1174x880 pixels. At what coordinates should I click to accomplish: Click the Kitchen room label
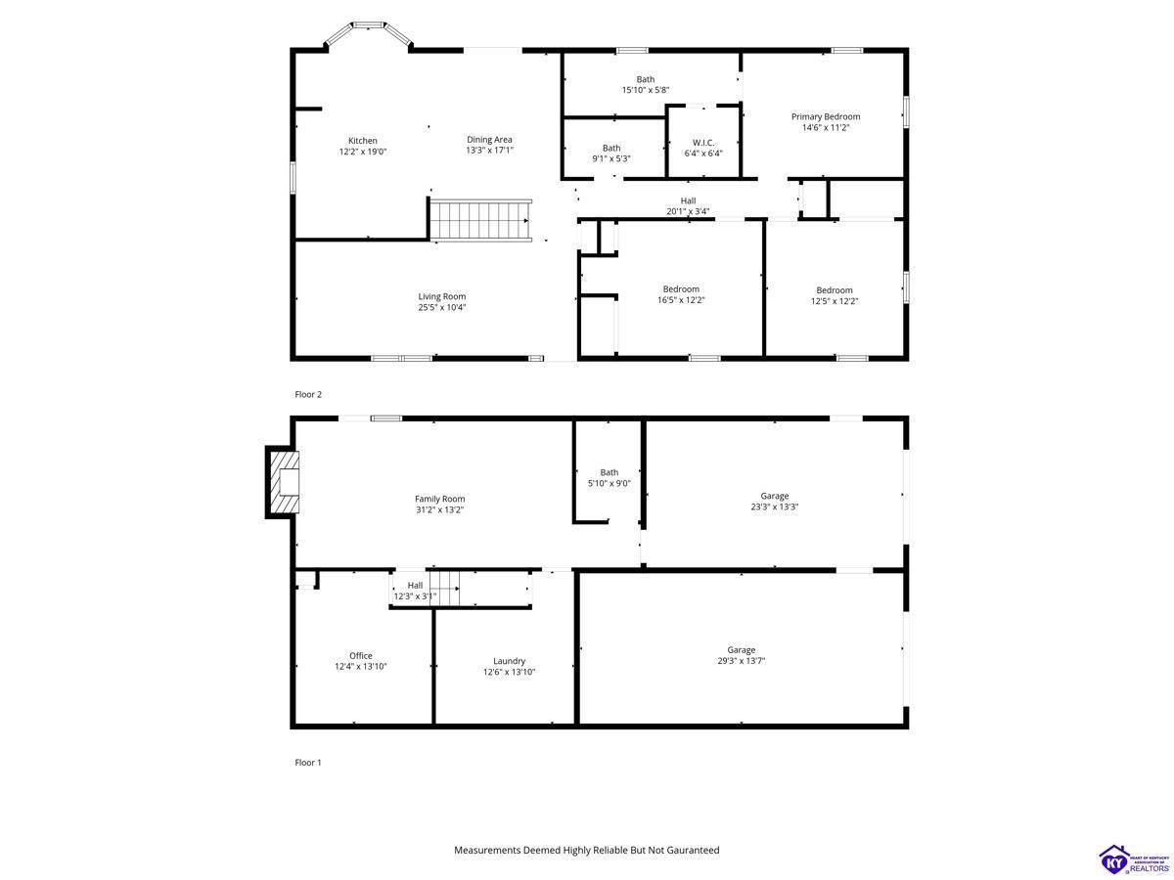362,141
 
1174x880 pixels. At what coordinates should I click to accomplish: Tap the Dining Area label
489,140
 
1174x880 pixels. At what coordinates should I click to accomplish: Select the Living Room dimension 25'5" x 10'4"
442,307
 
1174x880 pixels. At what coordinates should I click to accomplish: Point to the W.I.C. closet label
702,143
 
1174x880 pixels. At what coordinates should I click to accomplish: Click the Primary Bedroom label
826,116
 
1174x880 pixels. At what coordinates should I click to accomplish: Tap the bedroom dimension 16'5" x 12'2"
681,300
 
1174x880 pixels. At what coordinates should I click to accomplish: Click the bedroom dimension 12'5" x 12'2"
834,301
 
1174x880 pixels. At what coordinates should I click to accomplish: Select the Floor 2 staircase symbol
480,220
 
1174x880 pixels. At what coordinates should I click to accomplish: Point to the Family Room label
439,499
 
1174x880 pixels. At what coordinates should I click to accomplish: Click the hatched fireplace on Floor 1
283,482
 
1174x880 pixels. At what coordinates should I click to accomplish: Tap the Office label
360,655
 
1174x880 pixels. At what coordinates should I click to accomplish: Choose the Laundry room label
509,661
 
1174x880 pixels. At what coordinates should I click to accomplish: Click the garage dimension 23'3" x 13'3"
774,507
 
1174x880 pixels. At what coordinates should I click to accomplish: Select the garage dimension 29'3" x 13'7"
741,661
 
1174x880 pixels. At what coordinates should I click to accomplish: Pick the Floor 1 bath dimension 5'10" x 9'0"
609,484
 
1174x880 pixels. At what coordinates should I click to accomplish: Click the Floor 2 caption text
308,394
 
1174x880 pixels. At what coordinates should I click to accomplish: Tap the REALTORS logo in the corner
1133,859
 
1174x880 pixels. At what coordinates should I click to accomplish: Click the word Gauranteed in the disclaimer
693,850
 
